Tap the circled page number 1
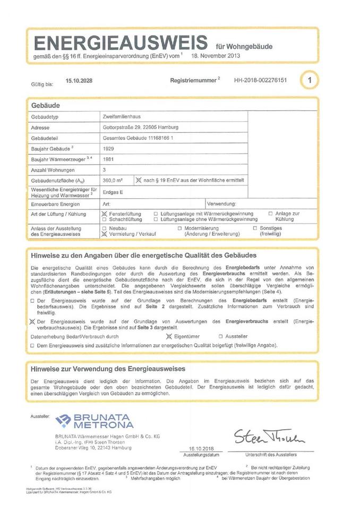(310, 80)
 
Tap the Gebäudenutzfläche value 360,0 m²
(112, 180)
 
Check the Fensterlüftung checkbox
(104, 213)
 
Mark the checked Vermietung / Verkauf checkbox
(104, 234)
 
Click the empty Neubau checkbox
(104, 228)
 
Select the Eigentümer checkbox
(169, 336)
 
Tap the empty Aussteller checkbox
(221, 336)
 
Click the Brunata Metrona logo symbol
(63, 421)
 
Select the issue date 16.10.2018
(201, 449)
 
